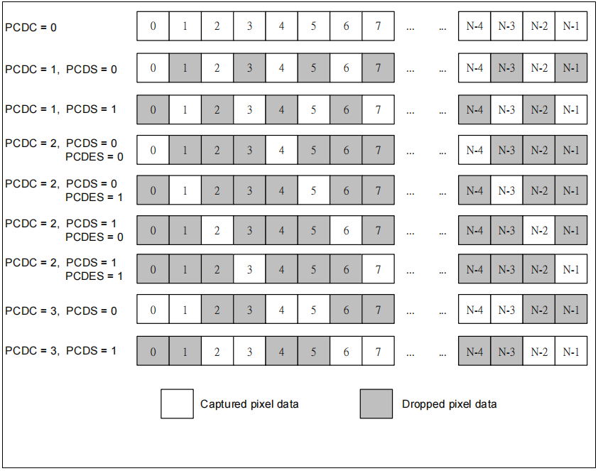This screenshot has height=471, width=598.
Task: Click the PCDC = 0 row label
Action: [31, 28]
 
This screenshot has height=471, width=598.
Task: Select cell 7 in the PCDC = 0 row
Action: [379, 26]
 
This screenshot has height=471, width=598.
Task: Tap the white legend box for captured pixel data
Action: [177, 404]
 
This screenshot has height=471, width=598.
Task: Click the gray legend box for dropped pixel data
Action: [376, 404]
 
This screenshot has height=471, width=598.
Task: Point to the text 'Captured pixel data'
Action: [249, 404]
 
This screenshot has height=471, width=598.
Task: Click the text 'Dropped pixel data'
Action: [450, 404]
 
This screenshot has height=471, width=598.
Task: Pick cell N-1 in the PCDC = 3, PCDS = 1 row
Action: [571, 351]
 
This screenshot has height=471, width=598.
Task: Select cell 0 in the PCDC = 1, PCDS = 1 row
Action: [153, 109]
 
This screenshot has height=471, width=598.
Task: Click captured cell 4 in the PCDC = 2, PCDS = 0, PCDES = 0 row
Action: [281, 150]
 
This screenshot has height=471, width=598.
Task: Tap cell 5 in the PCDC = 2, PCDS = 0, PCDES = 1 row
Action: [313, 190]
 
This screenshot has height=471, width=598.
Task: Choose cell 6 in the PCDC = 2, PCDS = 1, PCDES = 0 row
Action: [346, 230]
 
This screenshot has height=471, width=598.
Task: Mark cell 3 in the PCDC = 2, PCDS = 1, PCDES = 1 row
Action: [249, 269]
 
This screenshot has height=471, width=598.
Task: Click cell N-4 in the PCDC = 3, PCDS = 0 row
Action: [474, 309]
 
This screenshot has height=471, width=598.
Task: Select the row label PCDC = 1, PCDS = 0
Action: [61, 70]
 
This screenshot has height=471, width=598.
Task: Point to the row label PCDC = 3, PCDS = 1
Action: [60, 351]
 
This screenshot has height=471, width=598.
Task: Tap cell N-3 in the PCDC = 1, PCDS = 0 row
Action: [507, 67]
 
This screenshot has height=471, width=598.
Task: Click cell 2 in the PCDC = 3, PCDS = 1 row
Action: [217, 351]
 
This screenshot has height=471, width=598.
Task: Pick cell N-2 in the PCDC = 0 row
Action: [539, 26]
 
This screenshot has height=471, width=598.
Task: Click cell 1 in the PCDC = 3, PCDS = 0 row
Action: [185, 309]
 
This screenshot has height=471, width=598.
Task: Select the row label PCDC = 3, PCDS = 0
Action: [61, 311]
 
